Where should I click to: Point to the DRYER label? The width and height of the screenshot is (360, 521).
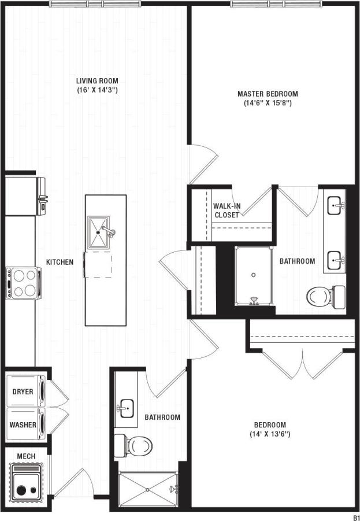pos(23,391)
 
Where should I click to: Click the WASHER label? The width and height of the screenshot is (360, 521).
pos(23,425)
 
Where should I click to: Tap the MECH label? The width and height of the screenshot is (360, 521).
pos(26,456)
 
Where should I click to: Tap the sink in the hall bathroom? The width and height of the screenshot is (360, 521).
pos(125,408)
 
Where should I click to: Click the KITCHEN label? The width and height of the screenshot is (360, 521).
pos(60,262)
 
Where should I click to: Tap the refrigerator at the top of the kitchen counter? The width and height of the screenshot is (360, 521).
pos(23,195)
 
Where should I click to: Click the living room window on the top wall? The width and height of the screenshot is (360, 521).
pos(94,3)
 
